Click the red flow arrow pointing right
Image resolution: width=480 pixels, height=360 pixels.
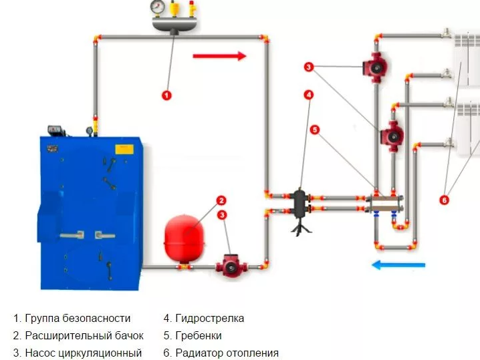219,56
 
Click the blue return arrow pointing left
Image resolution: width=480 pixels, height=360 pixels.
398,265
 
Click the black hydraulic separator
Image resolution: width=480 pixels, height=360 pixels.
298,204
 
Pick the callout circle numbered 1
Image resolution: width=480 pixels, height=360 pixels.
167,96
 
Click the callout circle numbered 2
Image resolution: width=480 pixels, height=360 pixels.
221,200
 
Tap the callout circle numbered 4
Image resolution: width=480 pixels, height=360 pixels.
309,95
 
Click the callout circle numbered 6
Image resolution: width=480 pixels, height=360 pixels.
445,199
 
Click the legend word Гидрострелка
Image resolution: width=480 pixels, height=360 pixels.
210,319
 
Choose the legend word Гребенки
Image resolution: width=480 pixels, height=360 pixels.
199,335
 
